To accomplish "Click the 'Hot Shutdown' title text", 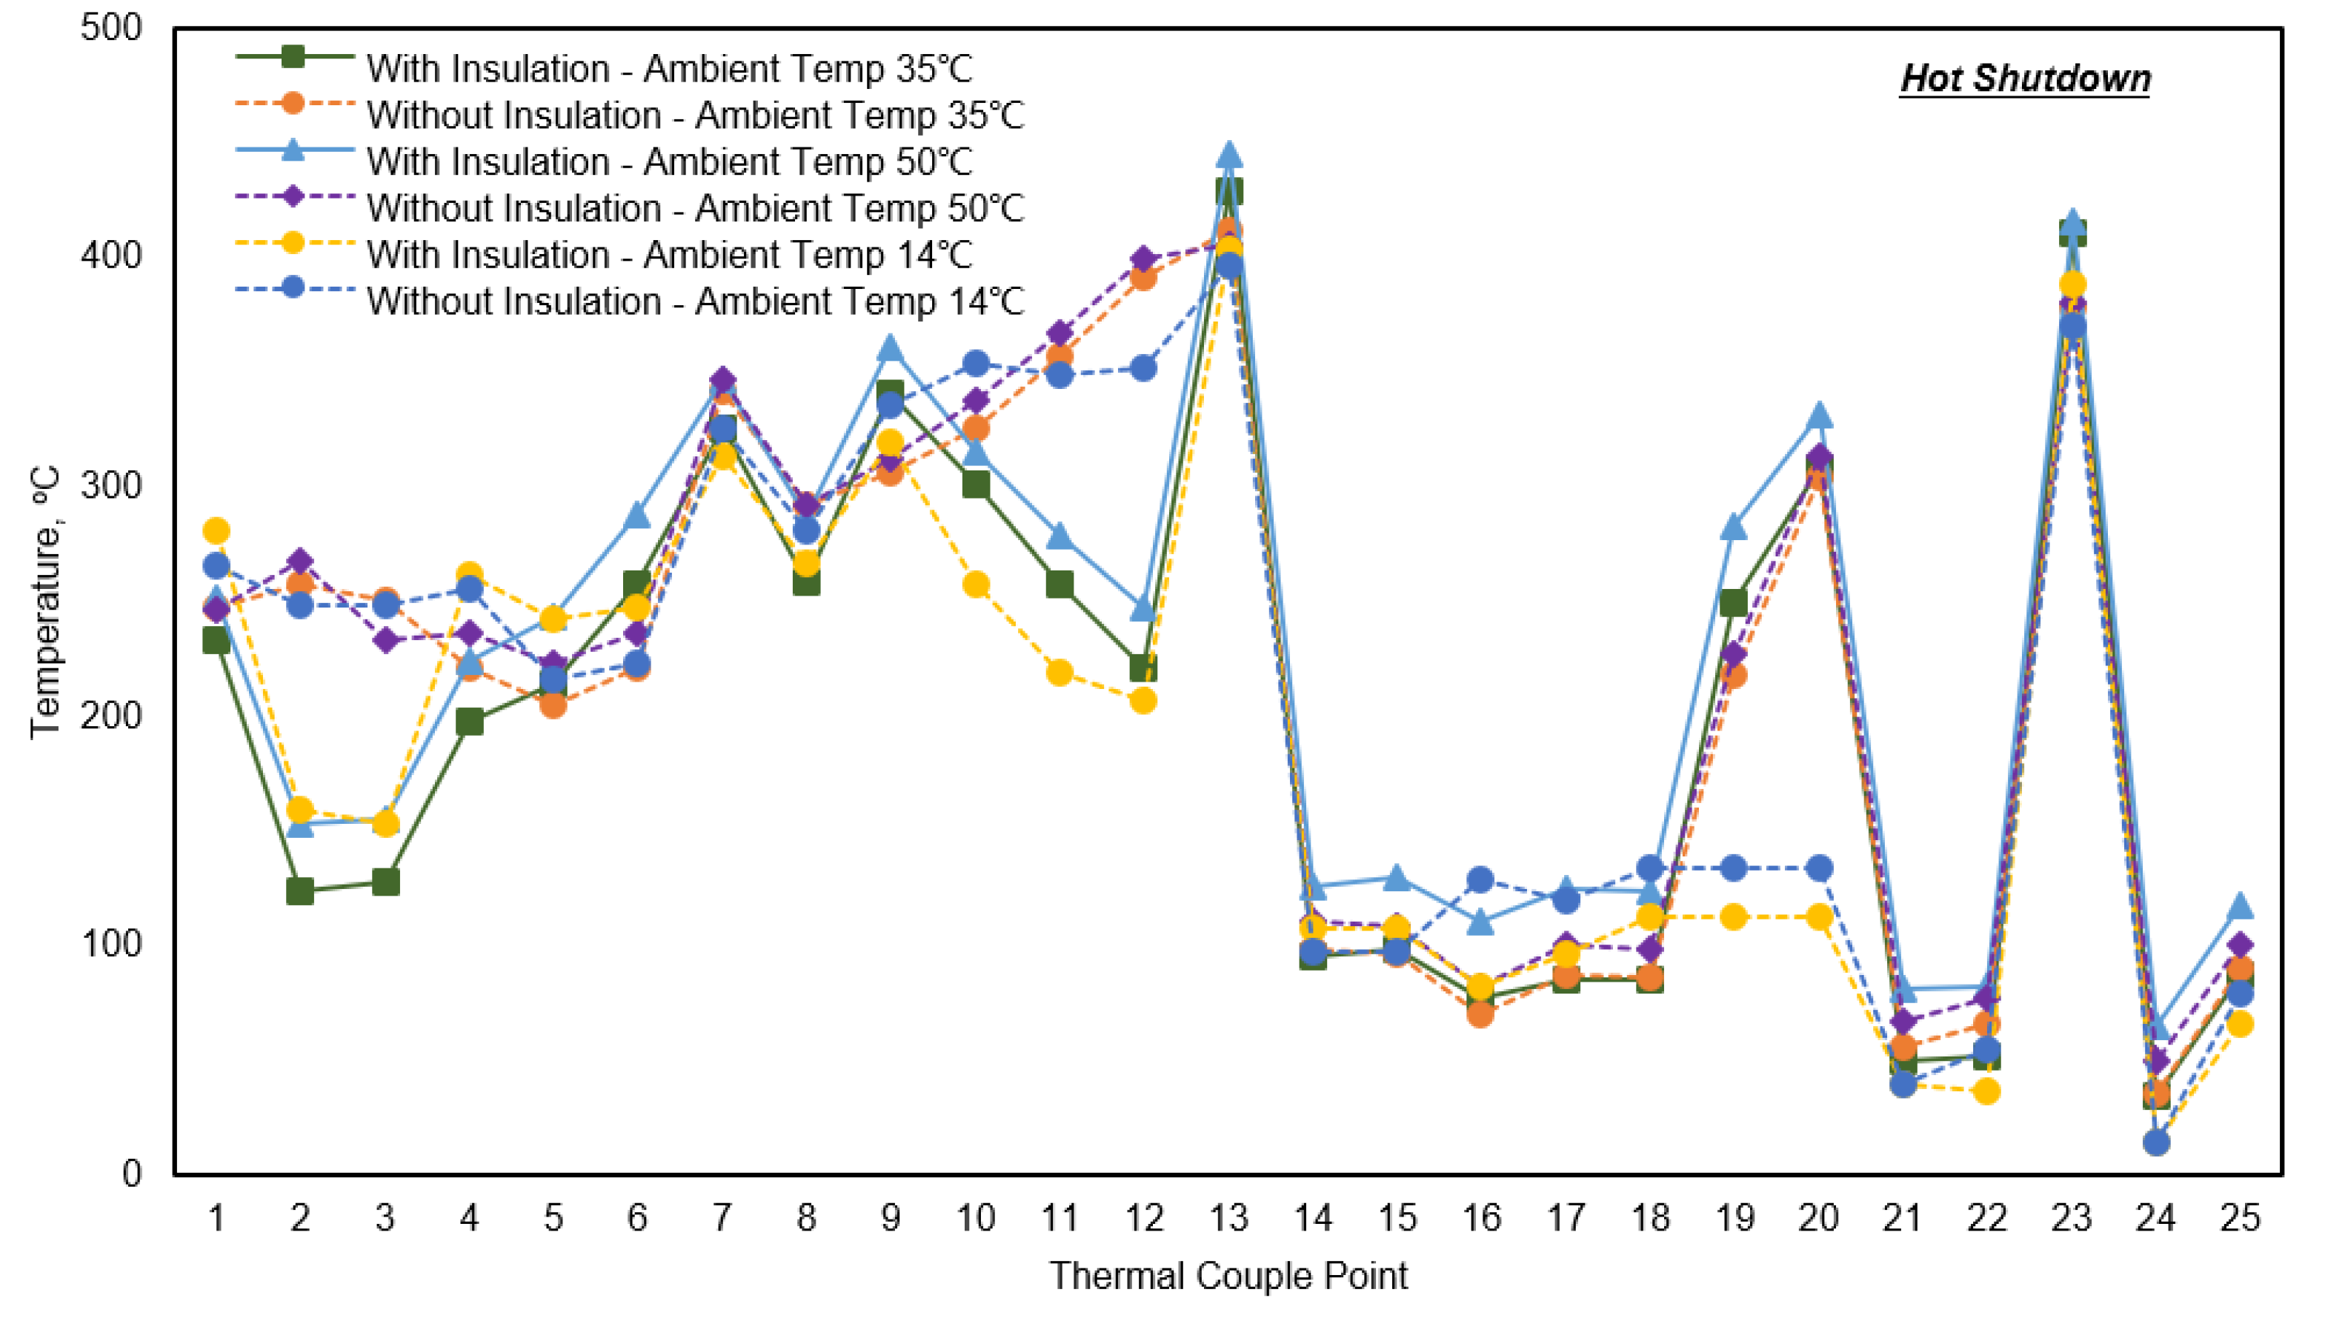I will pyautogui.click(x=2024, y=79).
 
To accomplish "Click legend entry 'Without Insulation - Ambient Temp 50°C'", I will pyautogui.click(x=694, y=208).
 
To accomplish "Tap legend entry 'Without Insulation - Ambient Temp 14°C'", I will pyautogui.click(x=694, y=302).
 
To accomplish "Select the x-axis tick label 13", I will pyautogui.click(x=1228, y=1219).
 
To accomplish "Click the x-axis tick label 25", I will pyautogui.click(x=2240, y=1219).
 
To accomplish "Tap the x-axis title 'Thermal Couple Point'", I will pyautogui.click(x=1228, y=1277).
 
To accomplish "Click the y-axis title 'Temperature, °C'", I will pyautogui.click(x=45, y=602).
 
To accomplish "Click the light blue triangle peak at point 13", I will pyautogui.click(x=1228, y=156).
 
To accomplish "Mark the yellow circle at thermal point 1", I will pyautogui.click(x=216, y=530).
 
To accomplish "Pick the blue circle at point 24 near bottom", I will pyautogui.click(x=2156, y=1142).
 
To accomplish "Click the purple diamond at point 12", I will pyautogui.click(x=1144, y=261).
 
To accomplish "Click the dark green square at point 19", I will pyautogui.click(x=1734, y=603).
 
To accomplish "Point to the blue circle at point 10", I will pyautogui.click(x=976, y=364).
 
